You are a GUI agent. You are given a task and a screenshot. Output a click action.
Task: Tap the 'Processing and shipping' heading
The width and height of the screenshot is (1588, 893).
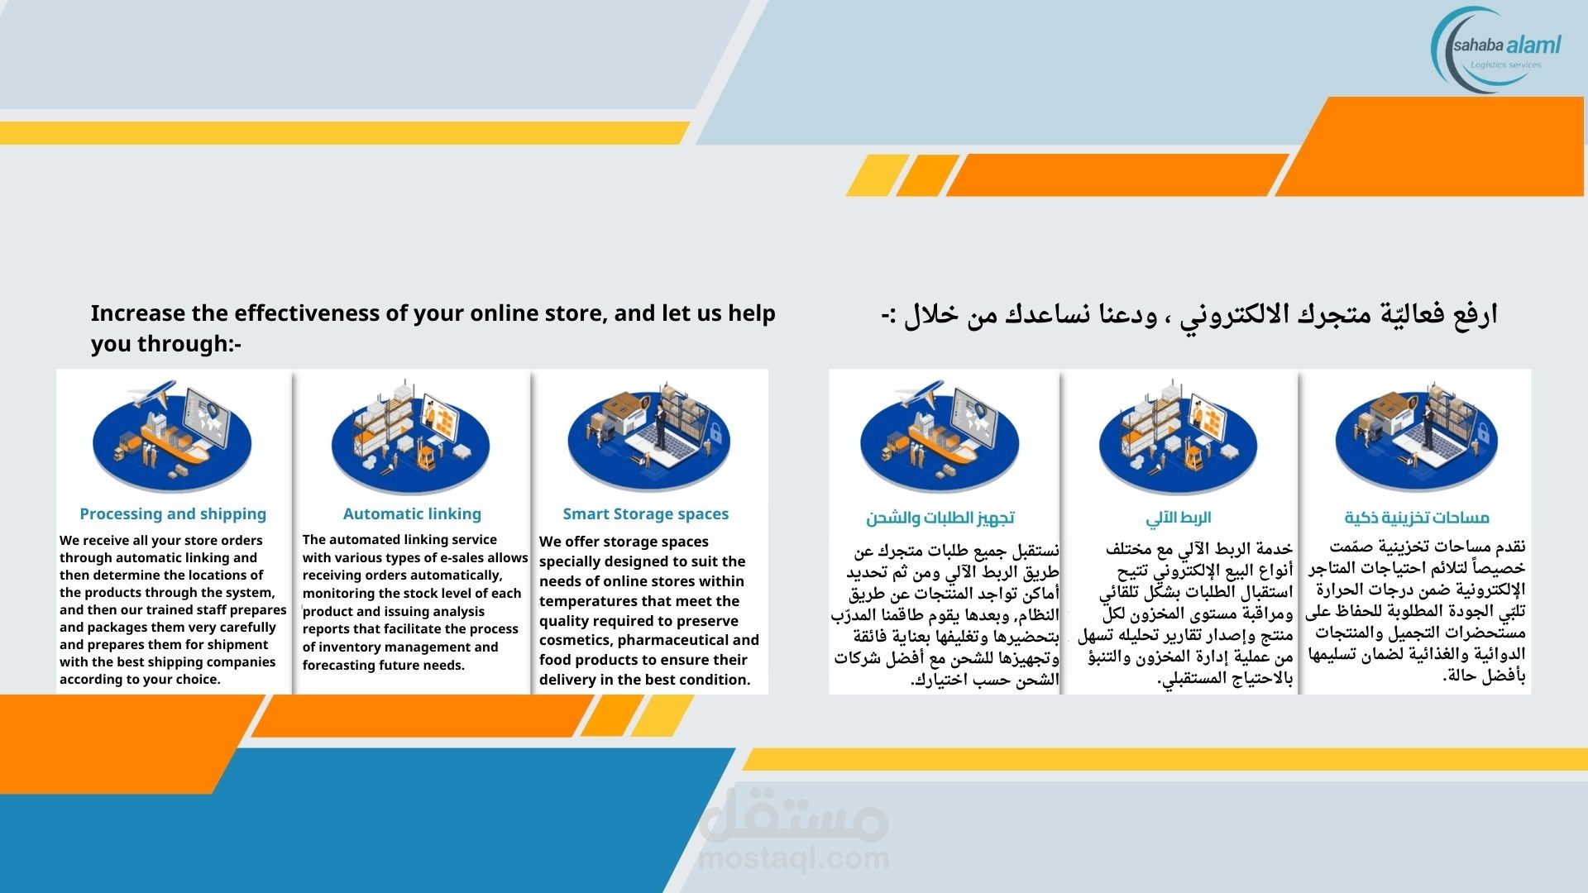(x=173, y=514)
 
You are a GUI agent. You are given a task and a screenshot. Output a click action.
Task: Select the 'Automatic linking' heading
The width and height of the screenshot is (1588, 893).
(x=412, y=514)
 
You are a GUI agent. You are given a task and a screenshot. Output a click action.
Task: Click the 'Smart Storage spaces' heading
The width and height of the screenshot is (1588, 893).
(x=646, y=514)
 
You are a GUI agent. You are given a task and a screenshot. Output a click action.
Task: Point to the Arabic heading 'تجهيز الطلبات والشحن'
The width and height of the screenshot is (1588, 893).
(x=940, y=518)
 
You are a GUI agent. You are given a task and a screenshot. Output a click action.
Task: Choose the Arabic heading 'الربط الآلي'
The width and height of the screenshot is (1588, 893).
(x=1179, y=518)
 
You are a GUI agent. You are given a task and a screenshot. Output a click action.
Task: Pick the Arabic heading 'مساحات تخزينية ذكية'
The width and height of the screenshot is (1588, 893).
(x=1417, y=518)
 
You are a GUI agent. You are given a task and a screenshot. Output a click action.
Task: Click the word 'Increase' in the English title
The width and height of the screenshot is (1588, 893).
(x=138, y=313)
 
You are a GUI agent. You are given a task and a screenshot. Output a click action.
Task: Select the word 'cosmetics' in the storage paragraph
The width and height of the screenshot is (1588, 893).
(x=575, y=640)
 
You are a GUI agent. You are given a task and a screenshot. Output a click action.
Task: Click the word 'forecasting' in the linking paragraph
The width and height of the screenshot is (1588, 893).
(x=339, y=666)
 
